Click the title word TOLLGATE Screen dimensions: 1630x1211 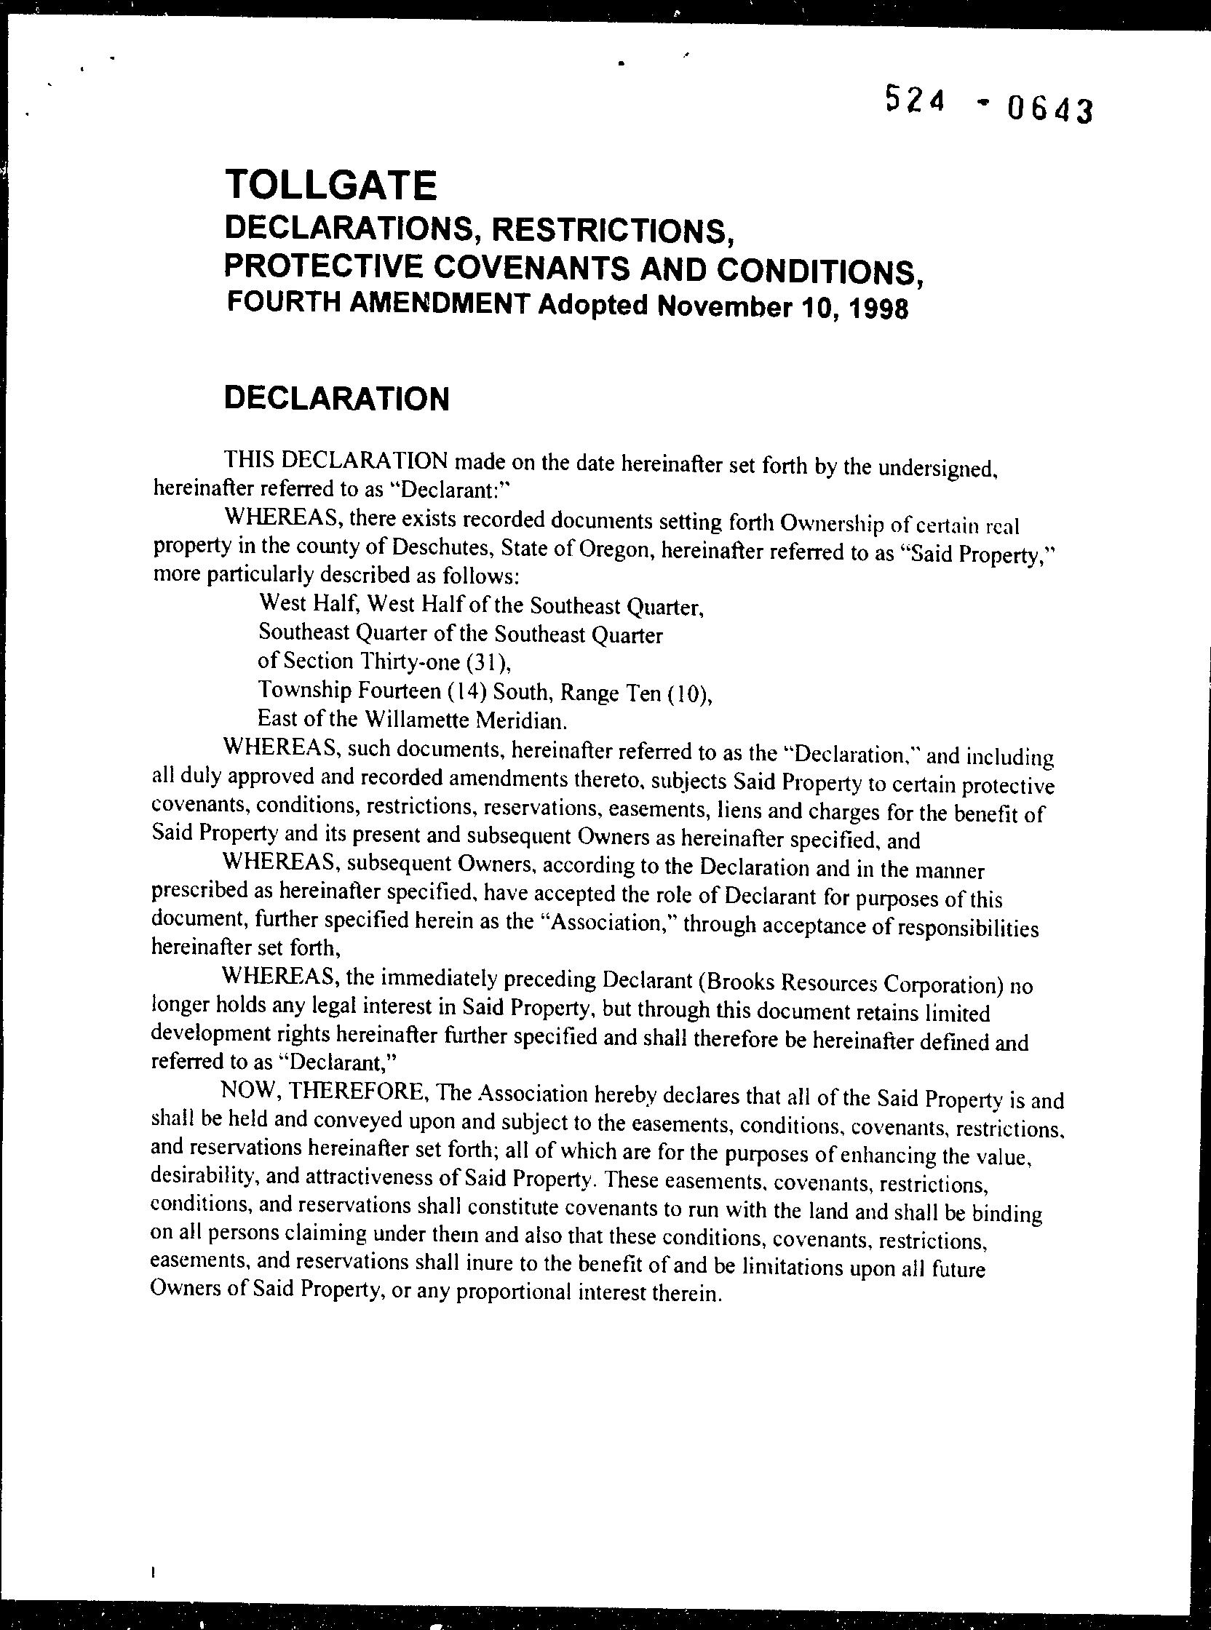pyautogui.click(x=331, y=186)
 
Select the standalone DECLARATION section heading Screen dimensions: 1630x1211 pyautogui.click(x=336, y=399)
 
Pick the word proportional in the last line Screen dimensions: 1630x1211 pyautogui.click(x=514, y=1292)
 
